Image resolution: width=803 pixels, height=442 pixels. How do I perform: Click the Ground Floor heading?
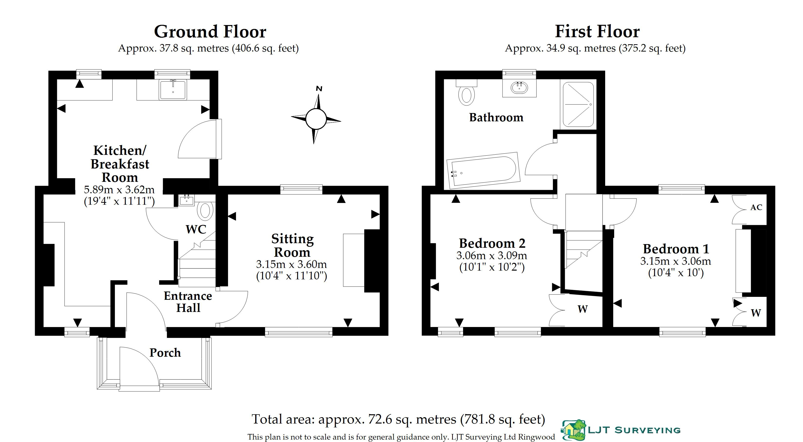[x=210, y=32]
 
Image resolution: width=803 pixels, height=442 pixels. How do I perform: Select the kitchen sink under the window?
[x=173, y=89]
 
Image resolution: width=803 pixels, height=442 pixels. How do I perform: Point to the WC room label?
[x=196, y=229]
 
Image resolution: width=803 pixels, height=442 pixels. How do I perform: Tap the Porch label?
[x=165, y=353]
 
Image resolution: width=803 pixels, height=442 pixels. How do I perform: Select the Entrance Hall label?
[x=188, y=301]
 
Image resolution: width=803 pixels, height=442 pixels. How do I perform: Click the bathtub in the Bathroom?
[x=484, y=170]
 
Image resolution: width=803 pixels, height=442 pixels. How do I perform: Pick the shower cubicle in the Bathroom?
[x=578, y=104]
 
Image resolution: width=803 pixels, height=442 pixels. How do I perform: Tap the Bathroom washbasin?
[x=519, y=88]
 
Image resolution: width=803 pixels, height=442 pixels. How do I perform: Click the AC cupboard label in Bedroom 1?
[x=756, y=207]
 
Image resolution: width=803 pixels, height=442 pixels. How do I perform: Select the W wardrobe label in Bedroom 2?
[x=583, y=309]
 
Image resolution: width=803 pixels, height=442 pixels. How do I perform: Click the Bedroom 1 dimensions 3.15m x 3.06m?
[x=676, y=261]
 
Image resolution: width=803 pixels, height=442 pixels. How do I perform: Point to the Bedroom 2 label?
[x=492, y=243]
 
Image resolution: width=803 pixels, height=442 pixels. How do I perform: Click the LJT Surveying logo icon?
[x=573, y=430]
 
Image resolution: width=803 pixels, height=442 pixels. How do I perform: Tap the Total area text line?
[x=398, y=419]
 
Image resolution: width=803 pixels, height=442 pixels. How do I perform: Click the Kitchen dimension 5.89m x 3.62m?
[x=119, y=189]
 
